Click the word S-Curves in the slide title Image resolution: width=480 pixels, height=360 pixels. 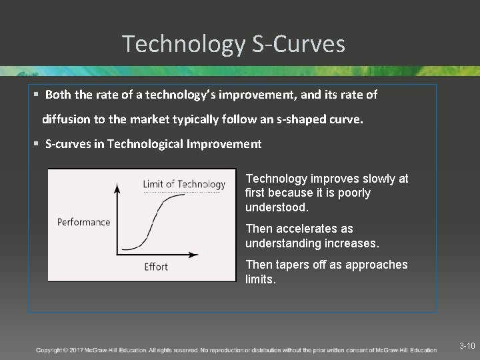point(299,44)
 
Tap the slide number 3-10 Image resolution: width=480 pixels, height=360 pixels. point(467,346)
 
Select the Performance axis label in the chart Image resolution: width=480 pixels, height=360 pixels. point(83,222)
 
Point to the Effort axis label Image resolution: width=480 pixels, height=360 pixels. point(156,267)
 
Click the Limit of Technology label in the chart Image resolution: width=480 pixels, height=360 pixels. point(184,184)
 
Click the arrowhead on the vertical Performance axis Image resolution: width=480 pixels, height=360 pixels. point(118,189)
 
